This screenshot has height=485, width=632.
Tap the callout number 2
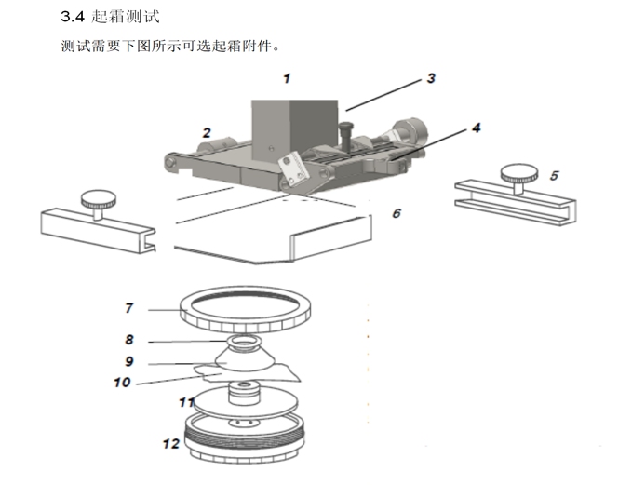207,132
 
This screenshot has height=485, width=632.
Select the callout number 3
431,79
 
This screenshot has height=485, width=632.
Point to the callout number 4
476,128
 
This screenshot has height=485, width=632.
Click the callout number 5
554,174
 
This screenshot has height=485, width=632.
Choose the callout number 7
129,307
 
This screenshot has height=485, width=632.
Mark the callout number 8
129,340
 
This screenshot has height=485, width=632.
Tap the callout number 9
129,361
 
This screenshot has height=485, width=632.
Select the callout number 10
123,382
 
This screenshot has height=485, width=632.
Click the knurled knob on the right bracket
517,172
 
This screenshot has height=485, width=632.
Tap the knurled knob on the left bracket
95,197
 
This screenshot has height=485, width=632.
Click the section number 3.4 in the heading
73,16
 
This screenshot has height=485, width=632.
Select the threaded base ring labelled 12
246,437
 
